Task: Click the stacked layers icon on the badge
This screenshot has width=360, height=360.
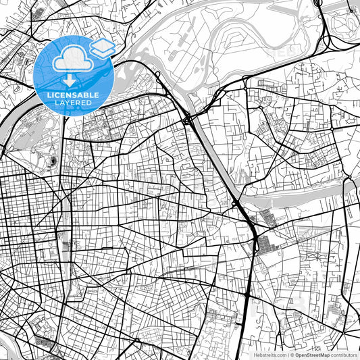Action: (x=102, y=47)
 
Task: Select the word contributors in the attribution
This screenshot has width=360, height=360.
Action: (x=344, y=354)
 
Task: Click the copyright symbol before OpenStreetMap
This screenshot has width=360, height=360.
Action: (x=292, y=354)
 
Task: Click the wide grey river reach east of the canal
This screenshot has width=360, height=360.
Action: (x=297, y=197)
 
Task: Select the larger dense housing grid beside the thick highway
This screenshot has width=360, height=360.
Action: (x=270, y=243)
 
